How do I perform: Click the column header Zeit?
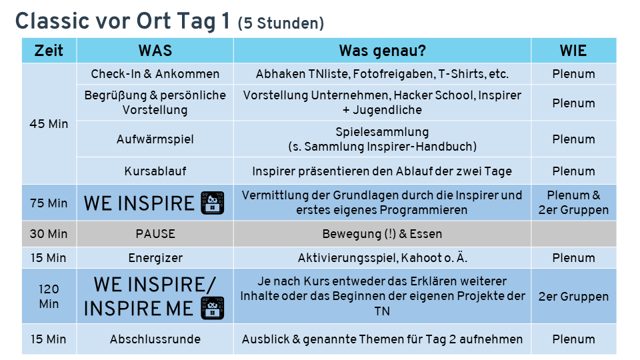click(49, 51)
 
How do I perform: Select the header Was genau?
click(382, 51)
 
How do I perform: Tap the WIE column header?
click(573, 51)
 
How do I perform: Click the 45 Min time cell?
click(49, 124)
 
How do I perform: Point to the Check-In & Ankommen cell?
click(155, 74)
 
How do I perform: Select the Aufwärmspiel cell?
click(155, 139)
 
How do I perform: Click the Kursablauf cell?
click(155, 171)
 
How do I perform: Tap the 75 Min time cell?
click(49, 203)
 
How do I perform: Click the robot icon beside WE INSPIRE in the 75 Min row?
click(212, 203)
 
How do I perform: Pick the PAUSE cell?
click(155, 234)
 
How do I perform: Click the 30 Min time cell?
click(49, 234)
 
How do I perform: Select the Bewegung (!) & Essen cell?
click(382, 234)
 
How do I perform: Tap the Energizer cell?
click(155, 258)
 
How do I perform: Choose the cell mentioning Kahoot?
click(382, 258)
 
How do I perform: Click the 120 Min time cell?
click(49, 296)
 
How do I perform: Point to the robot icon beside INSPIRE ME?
click(212, 308)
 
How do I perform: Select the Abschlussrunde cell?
click(155, 339)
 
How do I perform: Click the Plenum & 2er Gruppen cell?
click(573, 203)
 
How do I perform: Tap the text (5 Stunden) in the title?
click(281, 23)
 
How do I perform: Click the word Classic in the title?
click(52, 21)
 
